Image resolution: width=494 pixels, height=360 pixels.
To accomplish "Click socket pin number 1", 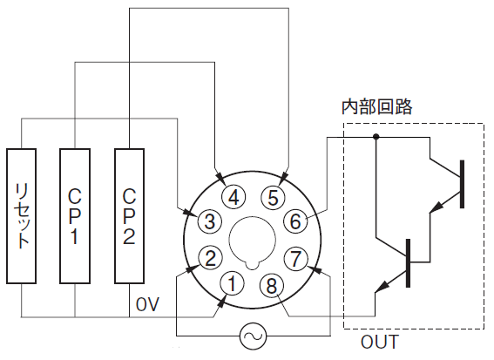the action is coord(232,283).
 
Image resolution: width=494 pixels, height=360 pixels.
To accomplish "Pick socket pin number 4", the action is coord(233,198).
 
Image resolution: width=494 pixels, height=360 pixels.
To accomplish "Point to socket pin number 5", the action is coord(273,198).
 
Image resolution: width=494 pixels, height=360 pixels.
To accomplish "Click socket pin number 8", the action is coord(272,285).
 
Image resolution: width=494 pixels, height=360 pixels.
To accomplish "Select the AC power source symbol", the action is coord(253,336).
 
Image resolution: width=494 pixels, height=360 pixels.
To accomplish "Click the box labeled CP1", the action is coord(75,216).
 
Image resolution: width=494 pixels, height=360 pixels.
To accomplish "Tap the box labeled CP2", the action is coord(130,216).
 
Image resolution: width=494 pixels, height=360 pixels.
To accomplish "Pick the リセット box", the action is coord(22,216).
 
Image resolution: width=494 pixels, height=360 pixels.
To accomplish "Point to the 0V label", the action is coord(147,304).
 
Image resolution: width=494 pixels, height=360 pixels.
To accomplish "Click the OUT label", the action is coord(380,342).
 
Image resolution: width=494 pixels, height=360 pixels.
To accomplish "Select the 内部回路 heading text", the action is coord(377,107).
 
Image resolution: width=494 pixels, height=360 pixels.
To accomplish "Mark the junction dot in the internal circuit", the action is coord(376,137).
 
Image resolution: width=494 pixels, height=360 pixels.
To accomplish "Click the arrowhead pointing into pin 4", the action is coord(220,179).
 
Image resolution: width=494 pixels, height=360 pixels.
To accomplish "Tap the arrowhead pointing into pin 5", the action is coord(283,178).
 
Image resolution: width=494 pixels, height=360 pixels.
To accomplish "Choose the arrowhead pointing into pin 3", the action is coord(192,213).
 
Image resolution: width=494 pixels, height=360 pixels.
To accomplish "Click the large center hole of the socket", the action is coord(253,241).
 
